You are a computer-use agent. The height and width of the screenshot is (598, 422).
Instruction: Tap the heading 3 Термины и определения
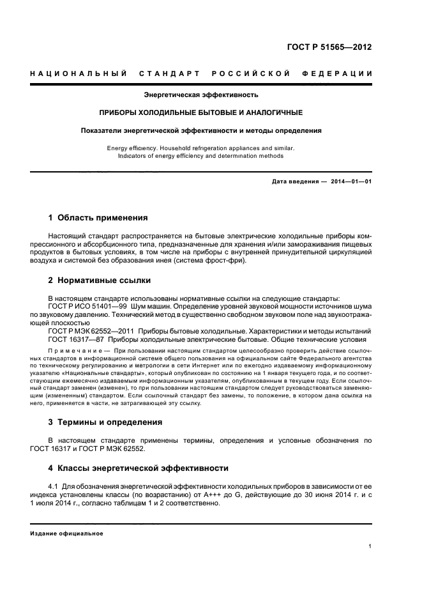[105, 422]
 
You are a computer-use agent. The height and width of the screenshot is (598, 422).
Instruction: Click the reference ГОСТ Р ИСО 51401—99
[86, 306]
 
